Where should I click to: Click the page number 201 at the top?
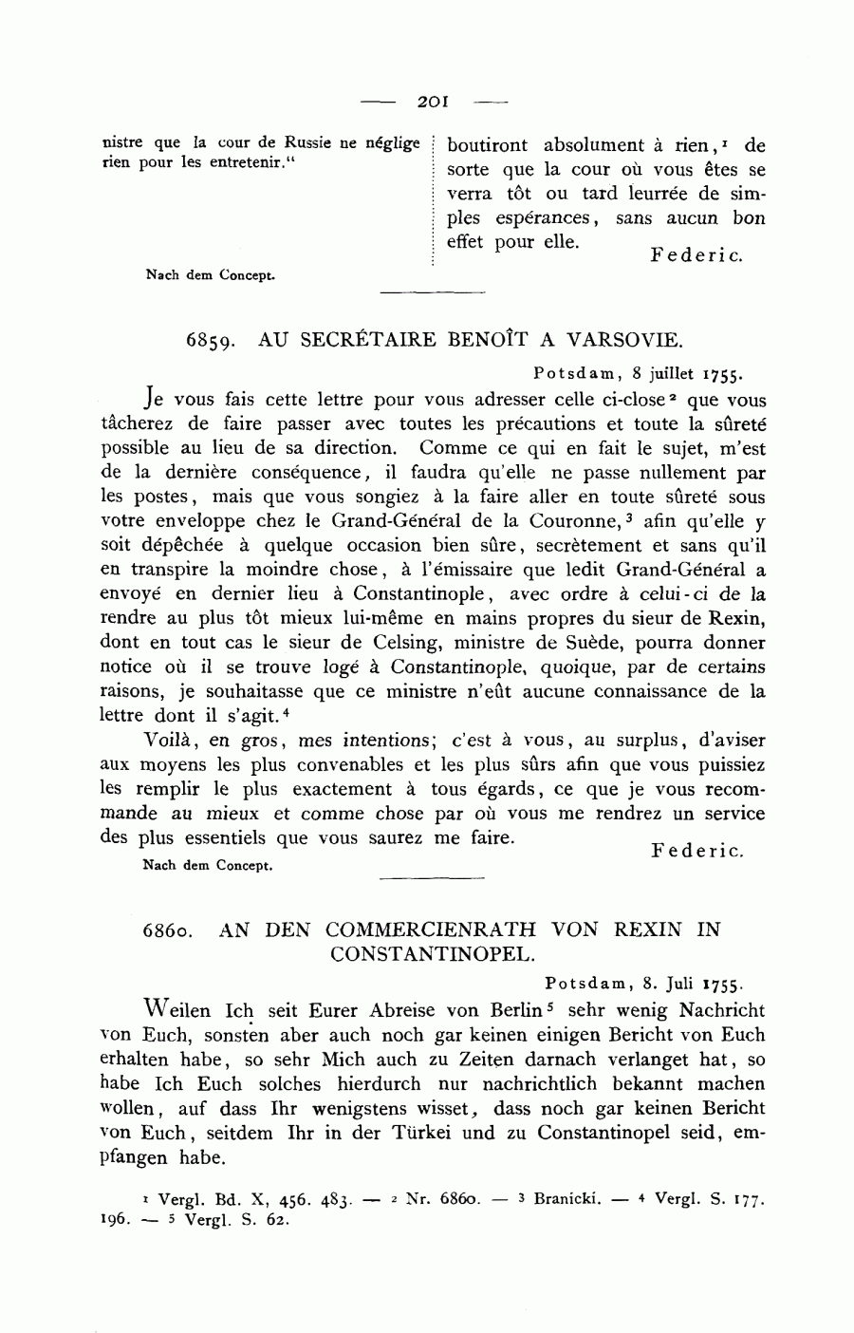[433, 100]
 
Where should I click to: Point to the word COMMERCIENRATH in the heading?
[429, 929]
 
